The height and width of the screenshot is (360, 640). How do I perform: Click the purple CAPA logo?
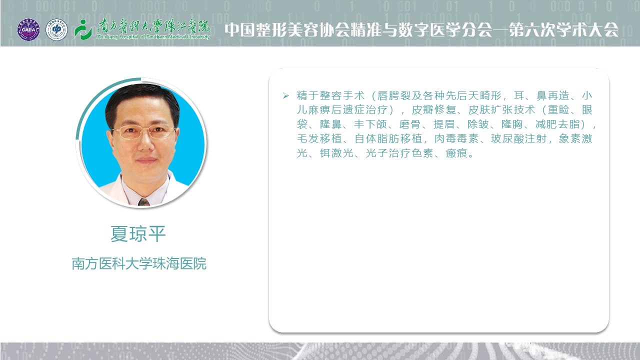(28, 29)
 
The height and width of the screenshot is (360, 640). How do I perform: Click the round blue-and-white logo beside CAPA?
(56, 29)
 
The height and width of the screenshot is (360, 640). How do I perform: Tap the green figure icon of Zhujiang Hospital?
(83, 29)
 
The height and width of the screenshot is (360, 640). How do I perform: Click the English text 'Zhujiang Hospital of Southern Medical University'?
(153, 37)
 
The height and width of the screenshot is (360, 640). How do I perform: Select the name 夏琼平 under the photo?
(138, 234)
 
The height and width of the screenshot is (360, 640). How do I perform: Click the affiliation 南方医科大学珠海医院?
(139, 263)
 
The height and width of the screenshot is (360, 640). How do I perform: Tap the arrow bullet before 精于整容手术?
(285, 95)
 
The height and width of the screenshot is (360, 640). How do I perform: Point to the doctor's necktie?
(143, 202)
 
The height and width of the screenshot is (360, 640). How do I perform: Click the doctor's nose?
(145, 143)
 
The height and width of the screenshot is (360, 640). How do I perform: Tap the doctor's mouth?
(146, 160)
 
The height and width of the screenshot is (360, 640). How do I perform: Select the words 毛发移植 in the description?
(319, 138)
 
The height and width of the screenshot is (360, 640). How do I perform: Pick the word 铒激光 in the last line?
(336, 153)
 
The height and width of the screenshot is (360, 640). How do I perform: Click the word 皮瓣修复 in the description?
(433, 109)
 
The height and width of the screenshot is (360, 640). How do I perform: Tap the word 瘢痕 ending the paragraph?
(456, 153)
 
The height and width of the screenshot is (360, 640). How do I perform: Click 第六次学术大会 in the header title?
(563, 29)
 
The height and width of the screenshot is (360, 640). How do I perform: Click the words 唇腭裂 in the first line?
(394, 95)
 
